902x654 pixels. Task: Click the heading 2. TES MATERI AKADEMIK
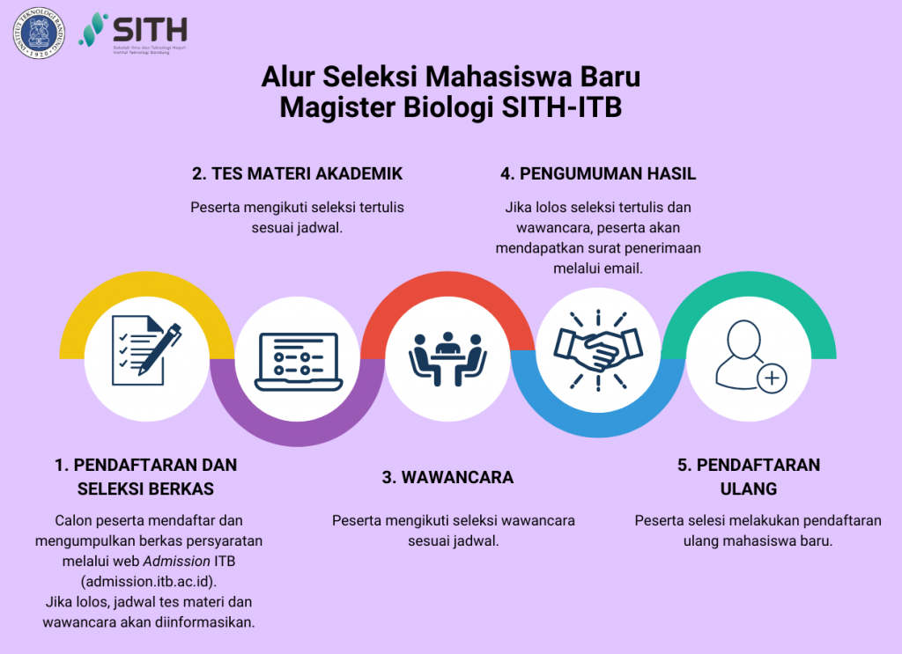pos(297,173)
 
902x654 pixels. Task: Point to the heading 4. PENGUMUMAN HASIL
pos(598,173)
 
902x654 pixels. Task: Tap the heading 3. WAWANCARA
pos(447,477)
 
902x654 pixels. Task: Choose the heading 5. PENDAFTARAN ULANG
pos(749,476)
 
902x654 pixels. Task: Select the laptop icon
pos(296,361)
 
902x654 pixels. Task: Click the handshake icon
pos(598,350)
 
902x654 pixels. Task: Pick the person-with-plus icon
pos(749,356)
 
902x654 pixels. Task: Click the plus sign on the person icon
pos(773,378)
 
